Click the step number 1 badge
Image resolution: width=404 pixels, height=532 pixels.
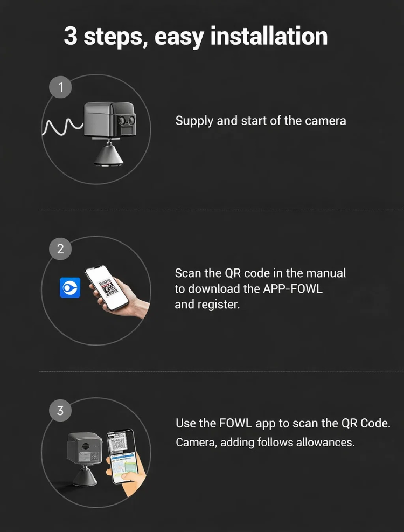[60, 87]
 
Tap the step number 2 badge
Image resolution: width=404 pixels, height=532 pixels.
[60, 249]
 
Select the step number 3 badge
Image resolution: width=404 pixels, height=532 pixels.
[60, 411]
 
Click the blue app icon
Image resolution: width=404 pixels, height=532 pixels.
[70, 288]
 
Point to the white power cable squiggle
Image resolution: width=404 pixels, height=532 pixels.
[62, 127]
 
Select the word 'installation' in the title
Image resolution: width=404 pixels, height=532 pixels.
[269, 36]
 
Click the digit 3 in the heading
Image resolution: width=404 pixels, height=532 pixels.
[70, 36]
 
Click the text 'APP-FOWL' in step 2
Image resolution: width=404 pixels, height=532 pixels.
[292, 289]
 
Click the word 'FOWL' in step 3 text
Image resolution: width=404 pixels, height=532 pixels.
[235, 424]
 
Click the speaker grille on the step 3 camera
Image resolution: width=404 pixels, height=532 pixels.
[85, 445]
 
